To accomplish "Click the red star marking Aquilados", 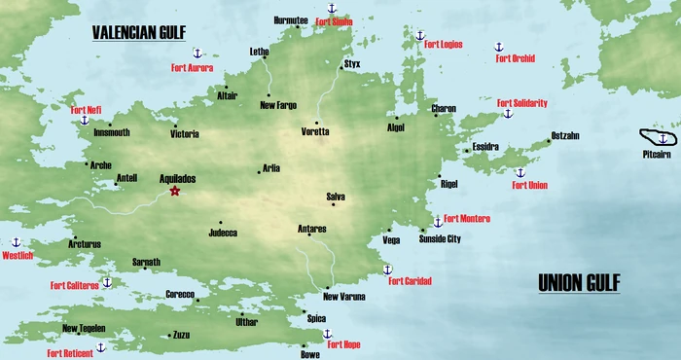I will pyautogui.click(x=175, y=192).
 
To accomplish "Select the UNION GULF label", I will pyautogui.click(x=580, y=283).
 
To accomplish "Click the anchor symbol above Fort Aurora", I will pyautogui.click(x=196, y=53).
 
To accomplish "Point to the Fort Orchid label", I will pyautogui.click(x=517, y=58).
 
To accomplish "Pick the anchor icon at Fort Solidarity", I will pyautogui.click(x=507, y=114).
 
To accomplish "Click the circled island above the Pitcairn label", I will pyautogui.click(x=659, y=139).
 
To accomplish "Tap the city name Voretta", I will pyautogui.click(x=316, y=130).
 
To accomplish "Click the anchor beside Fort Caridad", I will pyautogui.click(x=387, y=269).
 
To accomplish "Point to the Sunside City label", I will pyautogui.click(x=440, y=238).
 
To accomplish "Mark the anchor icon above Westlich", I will pyautogui.click(x=16, y=242).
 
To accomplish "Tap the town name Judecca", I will pyautogui.click(x=223, y=233).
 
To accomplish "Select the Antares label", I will pyautogui.click(x=311, y=229).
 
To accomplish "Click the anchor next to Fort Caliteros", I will pyautogui.click(x=107, y=282).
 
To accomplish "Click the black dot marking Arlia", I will pyautogui.click(x=259, y=171).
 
